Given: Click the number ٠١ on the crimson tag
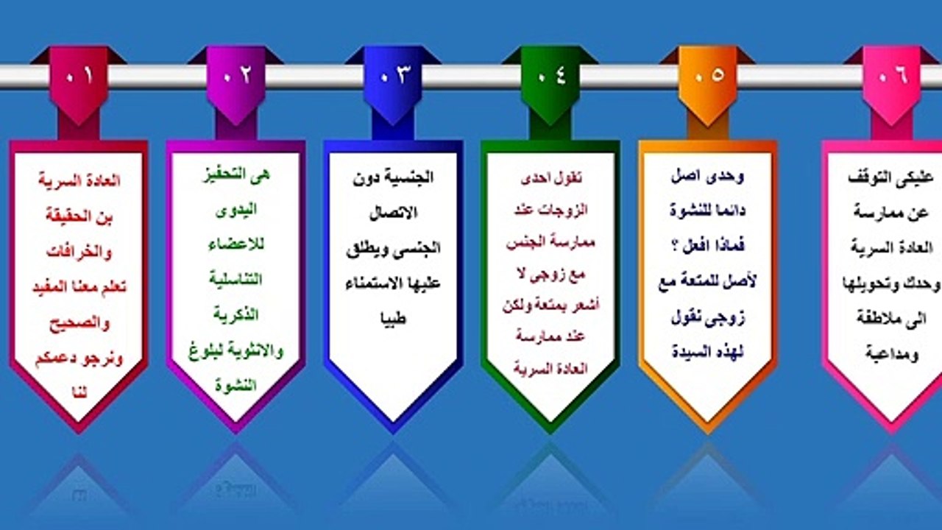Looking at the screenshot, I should click(x=79, y=76).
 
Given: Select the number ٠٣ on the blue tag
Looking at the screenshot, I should click(x=393, y=76).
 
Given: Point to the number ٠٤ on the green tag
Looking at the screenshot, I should click(x=550, y=76).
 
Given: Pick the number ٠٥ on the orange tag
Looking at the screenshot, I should click(x=707, y=76).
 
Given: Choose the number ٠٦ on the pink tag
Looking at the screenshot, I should click(x=891, y=76).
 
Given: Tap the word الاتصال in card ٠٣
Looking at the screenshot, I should click(x=393, y=213).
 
